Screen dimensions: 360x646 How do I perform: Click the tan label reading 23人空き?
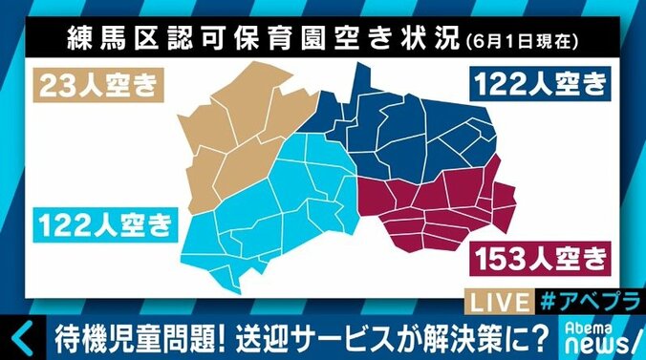(x=96, y=85)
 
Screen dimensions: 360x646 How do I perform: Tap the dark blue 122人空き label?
(x=538, y=85)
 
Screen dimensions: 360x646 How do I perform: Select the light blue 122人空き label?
(x=105, y=225)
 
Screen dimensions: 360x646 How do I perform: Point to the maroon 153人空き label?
(x=538, y=256)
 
